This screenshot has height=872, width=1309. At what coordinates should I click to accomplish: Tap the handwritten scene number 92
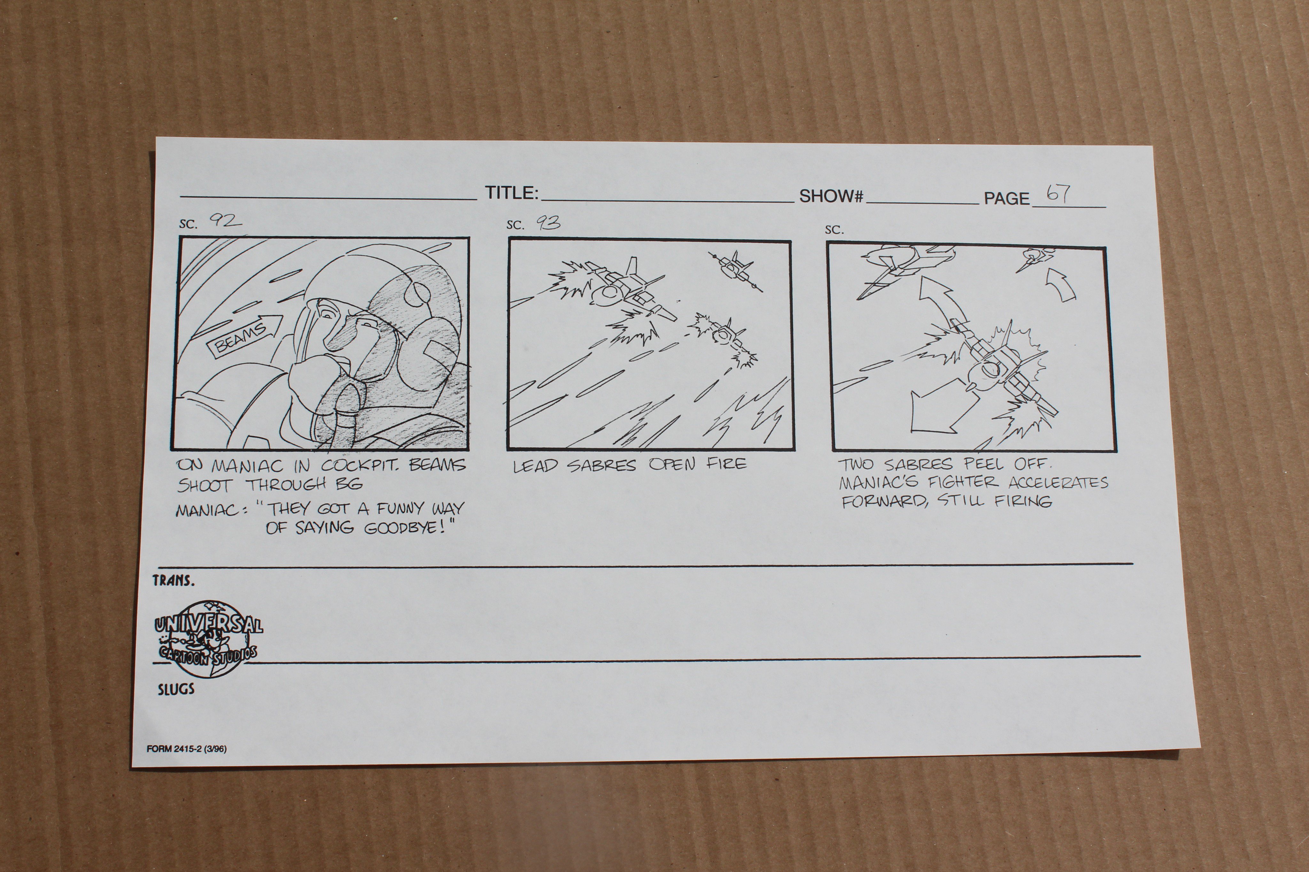click(x=225, y=221)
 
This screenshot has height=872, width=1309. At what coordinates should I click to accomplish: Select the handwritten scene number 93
click(x=548, y=223)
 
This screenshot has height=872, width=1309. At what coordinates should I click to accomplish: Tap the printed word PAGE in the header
click(x=1006, y=199)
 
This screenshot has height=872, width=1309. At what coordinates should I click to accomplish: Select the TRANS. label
click(x=174, y=581)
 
